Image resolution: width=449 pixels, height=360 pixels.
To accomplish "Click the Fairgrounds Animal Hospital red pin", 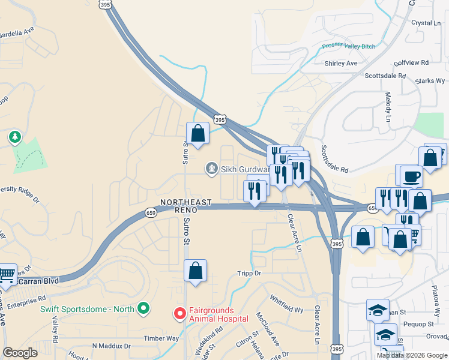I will (179, 313).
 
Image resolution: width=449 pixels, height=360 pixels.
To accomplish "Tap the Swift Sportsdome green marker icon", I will (143, 309).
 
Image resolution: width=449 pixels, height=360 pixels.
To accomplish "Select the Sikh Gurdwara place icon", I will (211, 169).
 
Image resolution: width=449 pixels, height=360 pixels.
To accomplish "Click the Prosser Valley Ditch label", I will (348, 46).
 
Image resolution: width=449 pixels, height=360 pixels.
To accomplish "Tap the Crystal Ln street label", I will (426, 23).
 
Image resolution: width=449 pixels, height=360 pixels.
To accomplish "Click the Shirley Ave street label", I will (340, 63).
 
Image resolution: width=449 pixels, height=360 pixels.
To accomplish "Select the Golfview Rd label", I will (412, 62).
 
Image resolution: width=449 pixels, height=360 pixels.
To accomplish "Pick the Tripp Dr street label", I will (250, 273).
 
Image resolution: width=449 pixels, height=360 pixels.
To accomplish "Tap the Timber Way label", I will (161, 338).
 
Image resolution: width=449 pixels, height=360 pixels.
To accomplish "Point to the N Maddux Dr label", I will (111, 346).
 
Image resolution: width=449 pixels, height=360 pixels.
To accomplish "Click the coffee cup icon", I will (412, 176).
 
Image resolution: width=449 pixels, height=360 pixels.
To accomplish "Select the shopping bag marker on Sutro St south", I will (195, 271).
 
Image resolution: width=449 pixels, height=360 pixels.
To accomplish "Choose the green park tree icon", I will (14, 138).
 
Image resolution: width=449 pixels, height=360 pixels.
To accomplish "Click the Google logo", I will (20, 353).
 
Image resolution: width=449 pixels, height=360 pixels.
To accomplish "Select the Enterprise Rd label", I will (26, 298).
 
